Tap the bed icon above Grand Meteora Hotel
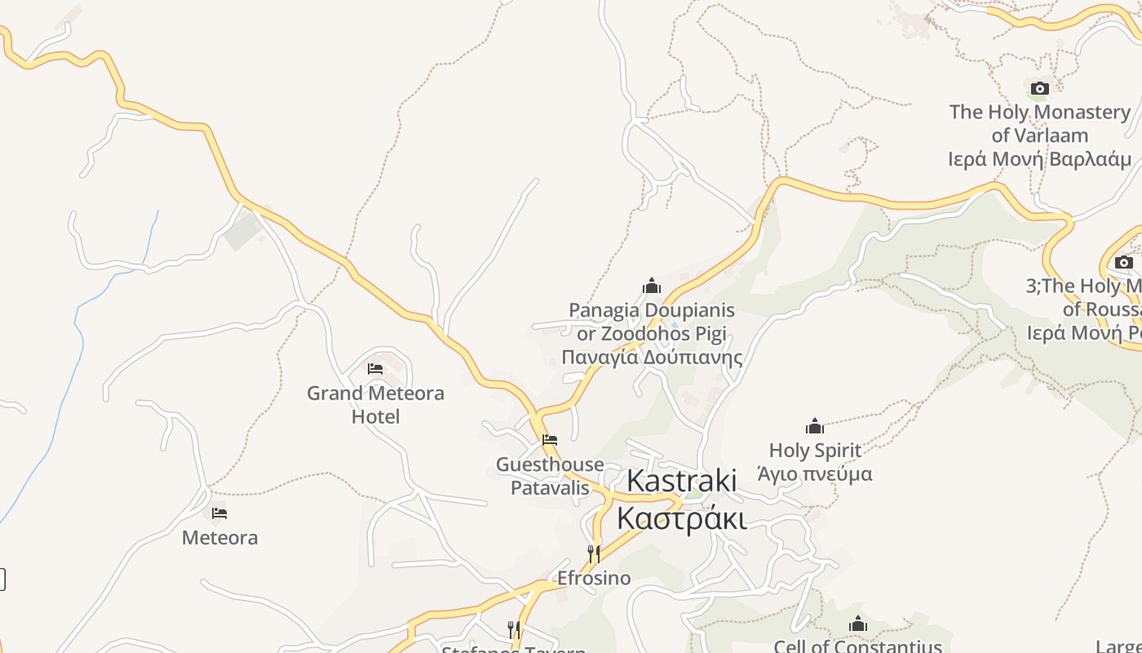[x=375, y=369]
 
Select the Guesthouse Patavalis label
[x=550, y=476]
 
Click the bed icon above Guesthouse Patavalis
[x=550, y=440]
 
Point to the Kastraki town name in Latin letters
[x=681, y=481]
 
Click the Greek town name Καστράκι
[x=681, y=518]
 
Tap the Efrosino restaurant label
[x=594, y=578]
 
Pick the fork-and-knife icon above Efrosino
[x=594, y=554]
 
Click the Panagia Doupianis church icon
[x=652, y=286]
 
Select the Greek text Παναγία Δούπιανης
[x=652, y=358]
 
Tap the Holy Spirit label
[x=815, y=450]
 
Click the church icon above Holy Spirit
[x=815, y=426]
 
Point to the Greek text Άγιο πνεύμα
[x=815, y=473]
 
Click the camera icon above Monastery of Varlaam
[x=1039, y=88]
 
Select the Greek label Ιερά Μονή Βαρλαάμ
[x=1039, y=159]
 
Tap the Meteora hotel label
[x=219, y=538]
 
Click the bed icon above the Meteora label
[x=219, y=513]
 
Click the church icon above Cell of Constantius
[x=857, y=624]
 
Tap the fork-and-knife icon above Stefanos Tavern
[x=514, y=629]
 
